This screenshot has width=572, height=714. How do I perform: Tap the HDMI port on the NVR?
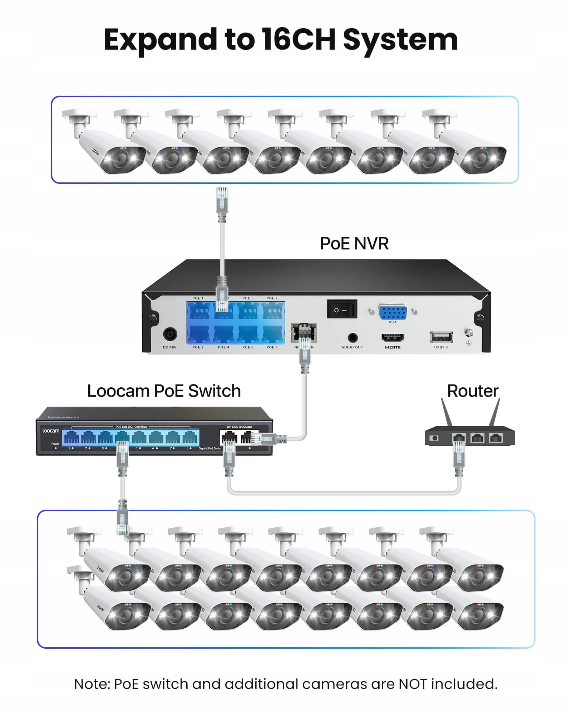pyautogui.click(x=393, y=337)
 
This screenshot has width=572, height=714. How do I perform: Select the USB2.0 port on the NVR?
pyautogui.click(x=441, y=337)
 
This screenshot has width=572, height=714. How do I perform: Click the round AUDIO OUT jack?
pyautogui.click(x=352, y=338)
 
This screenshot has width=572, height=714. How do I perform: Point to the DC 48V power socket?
pyautogui.click(x=170, y=335)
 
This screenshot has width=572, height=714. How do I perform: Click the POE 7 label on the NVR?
pyautogui.click(x=272, y=298)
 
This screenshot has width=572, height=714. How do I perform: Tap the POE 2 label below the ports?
pyautogui.click(x=198, y=347)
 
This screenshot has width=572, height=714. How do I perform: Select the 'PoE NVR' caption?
pyautogui.click(x=354, y=243)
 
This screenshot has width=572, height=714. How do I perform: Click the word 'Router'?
pyautogui.click(x=473, y=391)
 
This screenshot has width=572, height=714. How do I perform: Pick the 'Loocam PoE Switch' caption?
pyautogui.click(x=164, y=391)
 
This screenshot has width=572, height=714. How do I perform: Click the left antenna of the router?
pyautogui.click(x=447, y=412)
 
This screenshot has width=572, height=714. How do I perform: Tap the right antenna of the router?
pyautogui.click(x=495, y=412)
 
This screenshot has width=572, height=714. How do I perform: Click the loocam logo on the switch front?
pyautogui.click(x=51, y=431)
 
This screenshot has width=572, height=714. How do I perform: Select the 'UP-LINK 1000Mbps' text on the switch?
pyautogui.click(x=239, y=427)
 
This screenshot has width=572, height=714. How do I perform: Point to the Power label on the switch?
pyautogui.click(x=55, y=444)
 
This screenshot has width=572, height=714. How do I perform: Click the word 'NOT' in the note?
pyautogui.click(x=413, y=684)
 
